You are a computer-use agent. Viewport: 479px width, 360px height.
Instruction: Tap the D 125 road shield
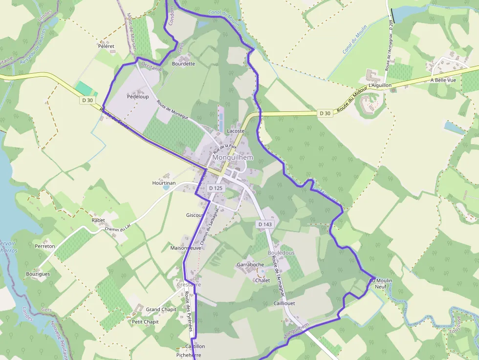pyautogui.click(x=215, y=188)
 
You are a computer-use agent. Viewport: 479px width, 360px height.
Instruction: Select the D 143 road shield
pyautogui.click(x=264, y=224)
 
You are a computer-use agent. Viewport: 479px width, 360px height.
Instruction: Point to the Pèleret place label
pyautogui.click(x=106, y=46)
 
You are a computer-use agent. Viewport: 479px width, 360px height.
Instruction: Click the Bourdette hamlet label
pyautogui.click(x=183, y=64)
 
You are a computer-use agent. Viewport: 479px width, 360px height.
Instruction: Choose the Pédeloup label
pyautogui.click(x=137, y=97)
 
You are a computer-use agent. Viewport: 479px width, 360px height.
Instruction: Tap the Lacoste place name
pyautogui.click(x=236, y=131)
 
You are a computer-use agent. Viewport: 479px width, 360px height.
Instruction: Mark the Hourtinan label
pyautogui.click(x=163, y=183)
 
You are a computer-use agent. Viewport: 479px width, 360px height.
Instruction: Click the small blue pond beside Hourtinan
pyautogui.click(x=167, y=187)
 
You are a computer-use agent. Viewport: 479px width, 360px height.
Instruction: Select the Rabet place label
pyautogui.click(x=98, y=220)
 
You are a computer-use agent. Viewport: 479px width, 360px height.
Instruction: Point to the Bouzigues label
pyautogui.click(x=38, y=274)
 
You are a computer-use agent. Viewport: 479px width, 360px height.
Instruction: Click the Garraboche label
pyautogui.click(x=250, y=264)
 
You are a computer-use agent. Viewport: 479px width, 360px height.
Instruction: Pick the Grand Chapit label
pyautogui.click(x=161, y=310)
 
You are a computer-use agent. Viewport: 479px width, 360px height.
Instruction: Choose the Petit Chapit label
pyautogui.click(x=145, y=322)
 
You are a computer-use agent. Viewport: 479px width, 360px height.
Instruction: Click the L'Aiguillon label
pyautogui.click(x=380, y=85)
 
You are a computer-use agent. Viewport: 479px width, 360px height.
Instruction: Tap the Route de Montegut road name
pyautogui.click(x=173, y=110)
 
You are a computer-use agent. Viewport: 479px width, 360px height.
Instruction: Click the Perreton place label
pyautogui.click(x=45, y=246)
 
